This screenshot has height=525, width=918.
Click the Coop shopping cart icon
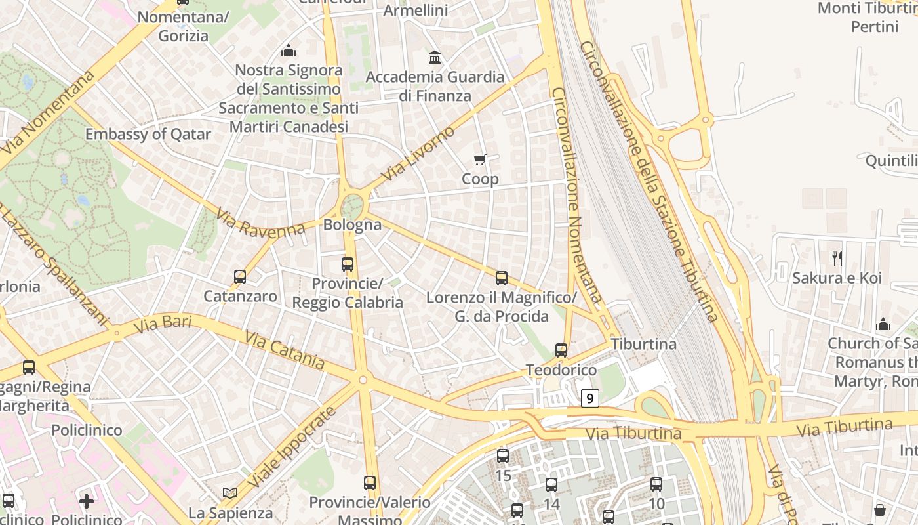tap(480, 159)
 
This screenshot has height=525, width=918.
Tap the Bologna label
tap(352, 224)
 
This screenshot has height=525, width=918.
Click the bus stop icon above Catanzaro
tap(240, 277)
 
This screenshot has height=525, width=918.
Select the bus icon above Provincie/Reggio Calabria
tap(348, 264)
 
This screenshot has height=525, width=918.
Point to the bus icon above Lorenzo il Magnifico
tap(502, 278)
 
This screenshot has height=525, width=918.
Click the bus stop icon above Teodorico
tap(561, 350)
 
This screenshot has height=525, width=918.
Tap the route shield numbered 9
tap(590, 398)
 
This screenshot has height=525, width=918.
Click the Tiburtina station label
tap(643, 344)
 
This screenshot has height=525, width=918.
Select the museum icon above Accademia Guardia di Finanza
tap(435, 58)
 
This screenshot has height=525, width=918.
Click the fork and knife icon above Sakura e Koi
tap(837, 258)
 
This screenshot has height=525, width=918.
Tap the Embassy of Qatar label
tap(148, 135)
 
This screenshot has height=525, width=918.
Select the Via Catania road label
tap(285, 350)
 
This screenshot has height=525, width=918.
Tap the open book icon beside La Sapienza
tap(229, 493)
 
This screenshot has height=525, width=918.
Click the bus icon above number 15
tap(503, 455)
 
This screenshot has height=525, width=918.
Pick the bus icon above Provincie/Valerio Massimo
tap(370, 483)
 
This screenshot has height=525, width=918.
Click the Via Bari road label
tap(161, 324)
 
